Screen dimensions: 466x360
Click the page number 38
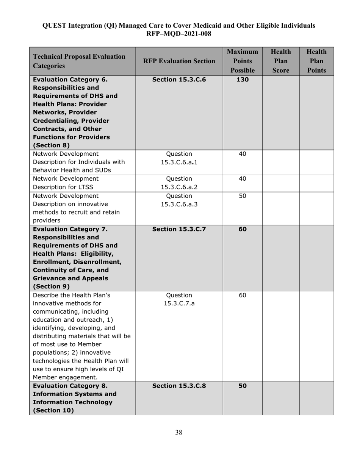179,432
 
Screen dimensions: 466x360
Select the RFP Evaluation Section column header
179,61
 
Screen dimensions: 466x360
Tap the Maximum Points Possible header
243,61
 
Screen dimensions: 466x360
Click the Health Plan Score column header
281,61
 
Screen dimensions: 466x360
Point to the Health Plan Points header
316,61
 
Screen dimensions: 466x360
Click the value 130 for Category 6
243,80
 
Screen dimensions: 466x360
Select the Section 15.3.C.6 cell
179,80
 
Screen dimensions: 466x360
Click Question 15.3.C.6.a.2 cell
179,183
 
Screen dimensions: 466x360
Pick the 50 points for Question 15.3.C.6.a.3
243,196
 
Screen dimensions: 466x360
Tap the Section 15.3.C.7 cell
179,229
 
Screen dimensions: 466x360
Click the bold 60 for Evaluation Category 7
243,229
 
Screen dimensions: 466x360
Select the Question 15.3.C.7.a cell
179,299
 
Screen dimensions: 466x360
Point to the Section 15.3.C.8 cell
179,386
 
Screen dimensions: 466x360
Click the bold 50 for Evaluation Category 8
243,386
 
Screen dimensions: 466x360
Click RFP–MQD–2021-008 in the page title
179,34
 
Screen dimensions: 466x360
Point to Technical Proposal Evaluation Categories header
79,61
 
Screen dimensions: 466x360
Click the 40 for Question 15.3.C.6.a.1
243,154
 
